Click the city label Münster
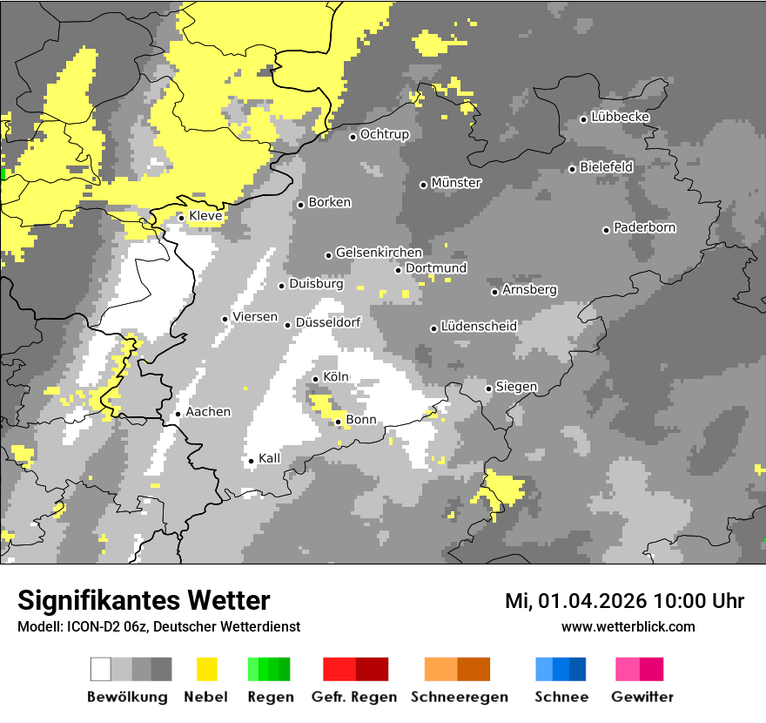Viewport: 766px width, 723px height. pyautogui.click(x=455, y=183)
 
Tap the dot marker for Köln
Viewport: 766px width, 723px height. pyautogui.click(x=316, y=379)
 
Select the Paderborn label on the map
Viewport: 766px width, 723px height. pyautogui.click(x=644, y=227)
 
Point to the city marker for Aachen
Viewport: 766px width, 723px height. pyautogui.click(x=178, y=414)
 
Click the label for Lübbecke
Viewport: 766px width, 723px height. pyautogui.click(x=620, y=117)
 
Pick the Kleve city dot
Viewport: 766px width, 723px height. pyautogui.click(x=181, y=218)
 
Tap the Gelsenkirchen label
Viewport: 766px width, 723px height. pyautogui.click(x=379, y=253)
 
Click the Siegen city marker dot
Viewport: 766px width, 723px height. pyautogui.click(x=488, y=389)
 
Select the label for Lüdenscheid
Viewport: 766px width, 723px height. pyautogui.click(x=479, y=326)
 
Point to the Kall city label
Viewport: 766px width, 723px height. pyautogui.click(x=269, y=458)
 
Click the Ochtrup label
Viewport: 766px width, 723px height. pyautogui.click(x=384, y=134)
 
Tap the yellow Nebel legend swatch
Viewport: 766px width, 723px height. pyautogui.click(x=206, y=669)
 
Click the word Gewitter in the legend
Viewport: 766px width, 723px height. pyautogui.click(x=642, y=697)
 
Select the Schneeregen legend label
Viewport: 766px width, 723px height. pyautogui.click(x=459, y=697)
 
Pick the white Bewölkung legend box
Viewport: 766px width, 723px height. pyautogui.click(x=101, y=669)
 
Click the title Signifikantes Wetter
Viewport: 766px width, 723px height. pyautogui.click(x=144, y=600)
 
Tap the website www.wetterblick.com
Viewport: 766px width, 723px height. pyautogui.click(x=628, y=626)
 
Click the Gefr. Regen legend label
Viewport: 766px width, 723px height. pyautogui.click(x=354, y=697)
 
